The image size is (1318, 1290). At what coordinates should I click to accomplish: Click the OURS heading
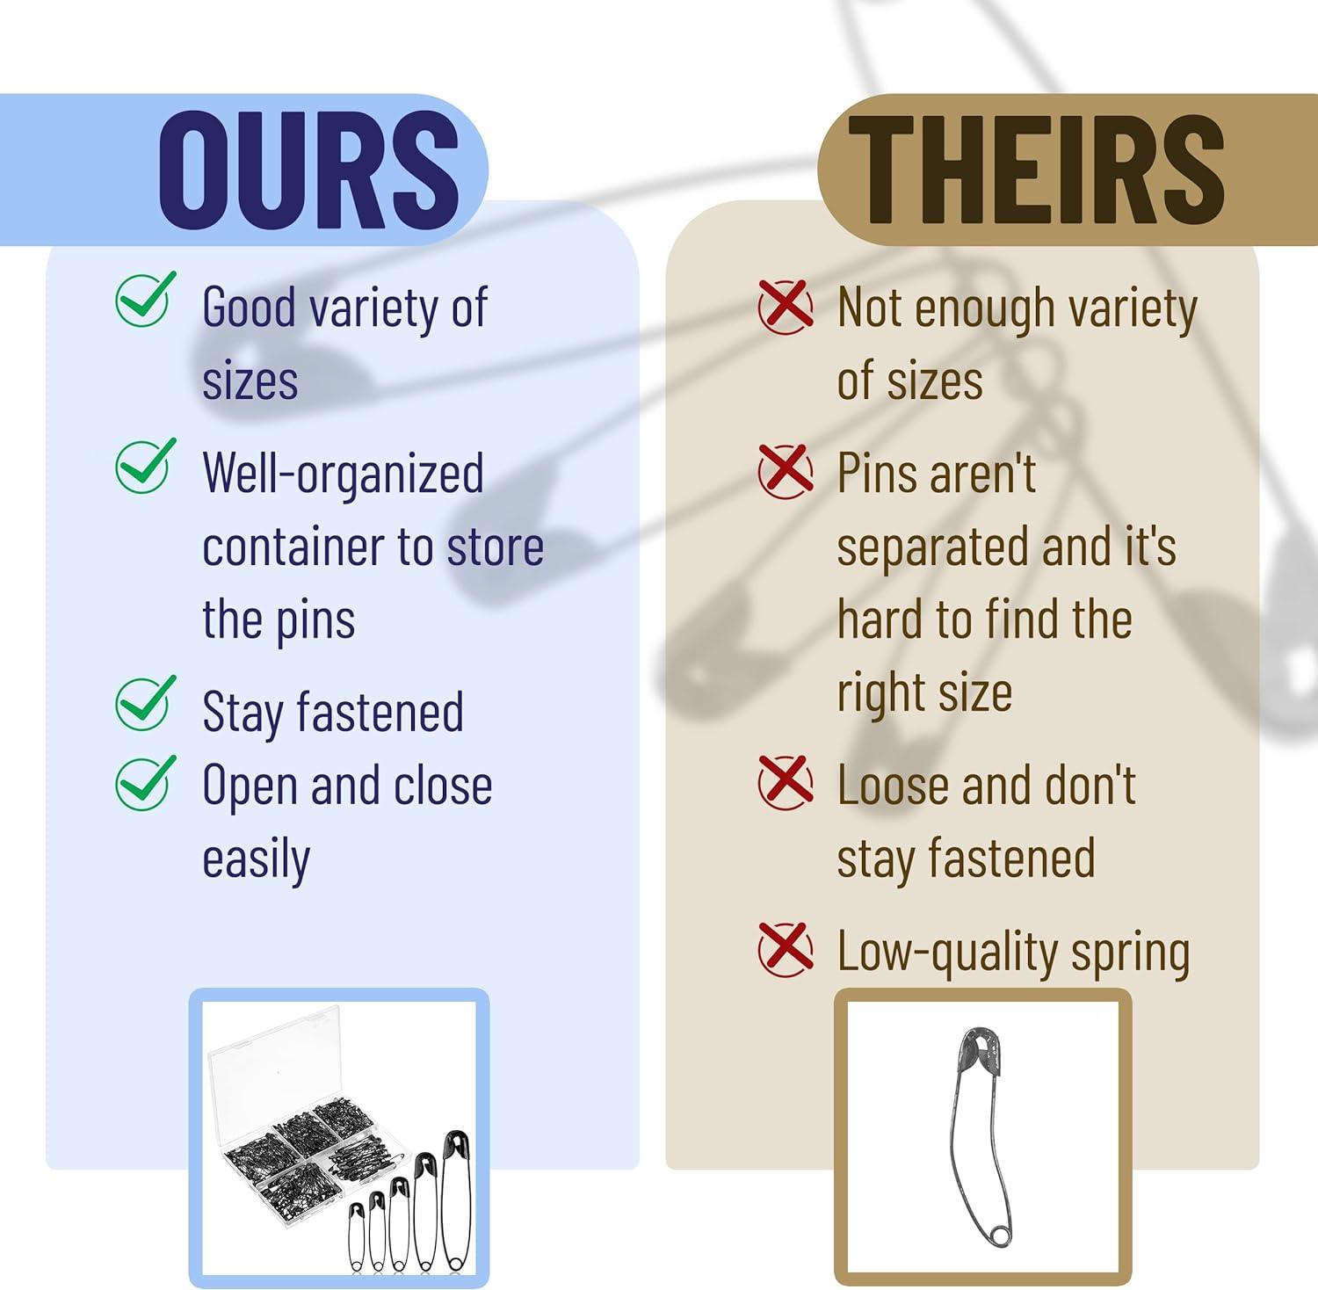click(x=308, y=170)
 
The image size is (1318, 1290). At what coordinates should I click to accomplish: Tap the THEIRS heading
click(x=1036, y=170)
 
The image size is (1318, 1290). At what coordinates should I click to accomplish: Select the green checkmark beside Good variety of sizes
click(x=145, y=299)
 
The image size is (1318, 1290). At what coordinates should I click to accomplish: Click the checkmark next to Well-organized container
click(x=145, y=466)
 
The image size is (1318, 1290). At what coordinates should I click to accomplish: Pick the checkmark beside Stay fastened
click(x=145, y=703)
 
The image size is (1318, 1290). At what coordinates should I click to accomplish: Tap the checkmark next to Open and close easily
click(x=145, y=783)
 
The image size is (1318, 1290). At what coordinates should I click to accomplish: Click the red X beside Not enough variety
click(x=786, y=307)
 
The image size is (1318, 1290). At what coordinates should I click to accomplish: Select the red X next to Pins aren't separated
click(x=786, y=472)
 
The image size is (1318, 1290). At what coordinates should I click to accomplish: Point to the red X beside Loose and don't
click(x=786, y=783)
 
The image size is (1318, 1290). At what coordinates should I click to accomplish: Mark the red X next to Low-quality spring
click(x=786, y=949)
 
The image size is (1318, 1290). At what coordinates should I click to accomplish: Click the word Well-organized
click(x=343, y=475)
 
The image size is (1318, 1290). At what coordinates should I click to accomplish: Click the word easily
click(x=256, y=859)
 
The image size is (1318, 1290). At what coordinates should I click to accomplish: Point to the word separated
click(x=931, y=548)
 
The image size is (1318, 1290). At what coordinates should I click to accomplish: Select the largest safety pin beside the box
click(x=457, y=1199)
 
